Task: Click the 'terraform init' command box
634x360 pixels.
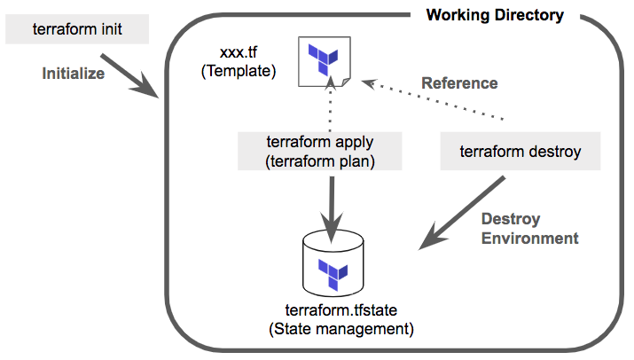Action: (77, 29)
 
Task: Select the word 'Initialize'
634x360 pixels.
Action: (73, 74)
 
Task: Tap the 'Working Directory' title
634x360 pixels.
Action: (495, 15)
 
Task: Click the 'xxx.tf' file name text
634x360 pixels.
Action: (238, 55)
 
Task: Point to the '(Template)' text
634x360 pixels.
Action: (238, 72)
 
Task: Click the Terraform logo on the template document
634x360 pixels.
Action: (323, 59)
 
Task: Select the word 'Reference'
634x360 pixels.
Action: (458, 83)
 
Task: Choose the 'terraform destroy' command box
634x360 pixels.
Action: (521, 152)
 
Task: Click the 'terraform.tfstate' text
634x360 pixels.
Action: (340, 311)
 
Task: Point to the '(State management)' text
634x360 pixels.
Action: (340, 329)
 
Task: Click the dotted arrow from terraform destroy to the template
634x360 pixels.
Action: (434, 99)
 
